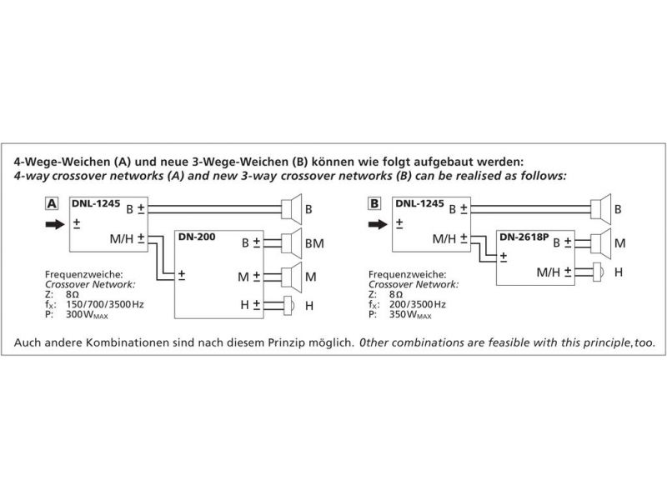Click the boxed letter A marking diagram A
52,202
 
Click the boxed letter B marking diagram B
374,202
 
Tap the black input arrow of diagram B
376,223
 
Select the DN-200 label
197,237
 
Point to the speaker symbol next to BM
291,243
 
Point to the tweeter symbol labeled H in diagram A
289,305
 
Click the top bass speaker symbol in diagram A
291,207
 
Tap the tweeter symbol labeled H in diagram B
597,272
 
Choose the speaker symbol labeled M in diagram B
599,242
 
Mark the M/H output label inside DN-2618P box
549,271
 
